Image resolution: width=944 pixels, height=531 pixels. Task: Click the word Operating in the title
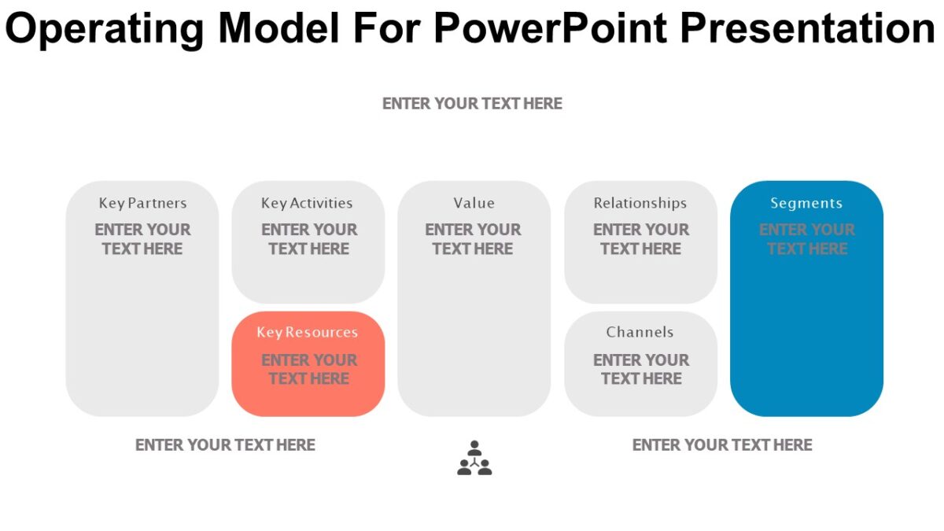tap(106, 28)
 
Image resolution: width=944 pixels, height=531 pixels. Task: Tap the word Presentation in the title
tap(806, 28)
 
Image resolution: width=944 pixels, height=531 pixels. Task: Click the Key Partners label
tap(142, 203)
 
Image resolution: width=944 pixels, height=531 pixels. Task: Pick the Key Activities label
tap(307, 203)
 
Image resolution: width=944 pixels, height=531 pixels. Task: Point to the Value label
tap(474, 203)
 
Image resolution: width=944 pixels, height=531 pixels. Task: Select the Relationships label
tap(640, 203)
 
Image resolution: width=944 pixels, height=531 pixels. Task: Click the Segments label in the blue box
tap(806, 203)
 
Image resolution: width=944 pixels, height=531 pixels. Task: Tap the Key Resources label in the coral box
tap(307, 332)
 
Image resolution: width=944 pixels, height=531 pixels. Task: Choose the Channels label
tap(640, 332)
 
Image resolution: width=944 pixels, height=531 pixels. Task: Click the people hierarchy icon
tap(474, 459)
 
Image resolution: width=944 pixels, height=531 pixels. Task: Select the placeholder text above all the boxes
tap(472, 104)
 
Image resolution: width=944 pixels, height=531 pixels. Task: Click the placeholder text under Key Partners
tap(142, 239)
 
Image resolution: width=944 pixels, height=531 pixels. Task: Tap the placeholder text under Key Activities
tap(308, 239)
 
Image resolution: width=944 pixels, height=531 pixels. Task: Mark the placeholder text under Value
tap(473, 239)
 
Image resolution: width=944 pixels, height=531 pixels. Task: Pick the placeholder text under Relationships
tap(640, 239)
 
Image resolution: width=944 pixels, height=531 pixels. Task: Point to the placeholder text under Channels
tap(640, 369)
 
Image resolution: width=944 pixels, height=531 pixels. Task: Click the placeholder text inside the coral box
tap(308, 369)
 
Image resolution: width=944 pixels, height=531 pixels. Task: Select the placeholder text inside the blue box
tap(806, 239)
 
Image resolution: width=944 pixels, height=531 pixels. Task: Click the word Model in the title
tap(278, 28)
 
